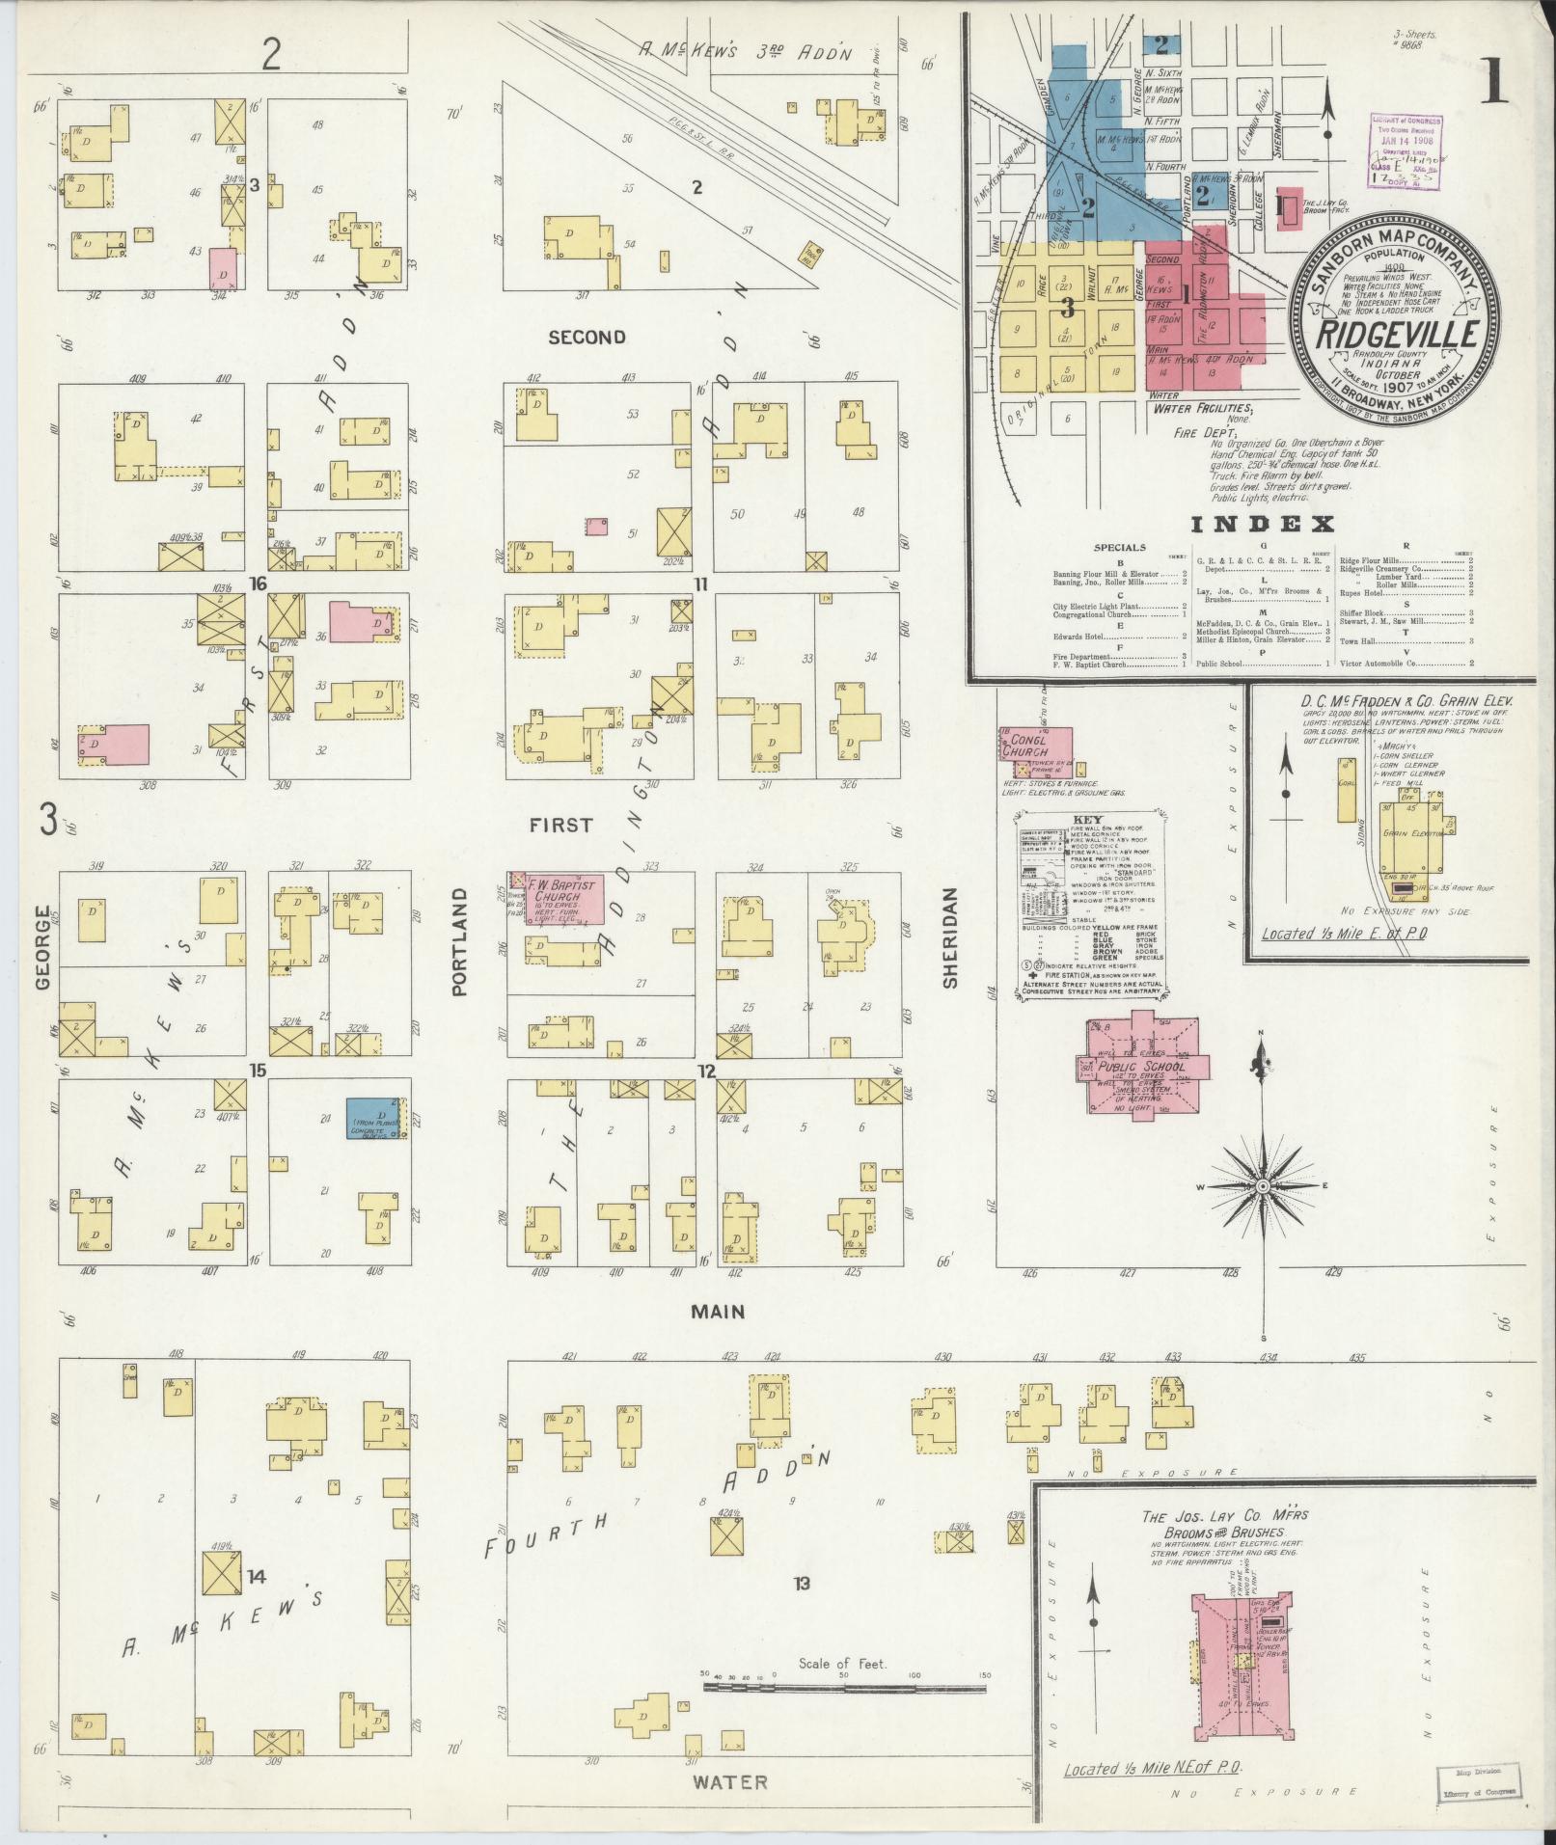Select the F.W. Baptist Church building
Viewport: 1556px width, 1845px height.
tap(567, 898)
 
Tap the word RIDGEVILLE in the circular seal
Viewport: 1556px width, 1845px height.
tap(1396, 335)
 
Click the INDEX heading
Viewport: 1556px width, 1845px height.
tap(1263, 524)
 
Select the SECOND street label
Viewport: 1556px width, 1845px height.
tap(587, 337)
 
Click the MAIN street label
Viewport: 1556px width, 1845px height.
tap(718, 1312)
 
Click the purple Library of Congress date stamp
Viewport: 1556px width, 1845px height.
tap(1405, 152)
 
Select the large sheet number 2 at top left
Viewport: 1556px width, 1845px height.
tap(271, 55)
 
